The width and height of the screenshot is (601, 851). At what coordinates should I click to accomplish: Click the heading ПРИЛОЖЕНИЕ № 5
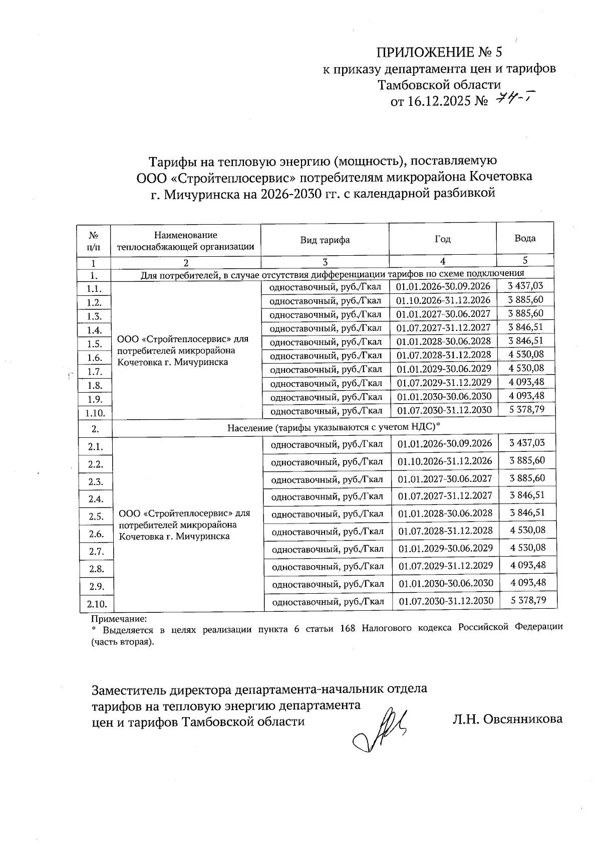pos(438,52)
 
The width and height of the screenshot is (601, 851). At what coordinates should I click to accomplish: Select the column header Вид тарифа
pos(325,240)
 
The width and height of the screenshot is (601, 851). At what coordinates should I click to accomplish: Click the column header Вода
pos(524,238)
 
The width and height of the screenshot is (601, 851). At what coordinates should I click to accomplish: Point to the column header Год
pos(442,239)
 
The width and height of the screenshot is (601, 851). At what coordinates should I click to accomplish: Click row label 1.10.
pos(95,413)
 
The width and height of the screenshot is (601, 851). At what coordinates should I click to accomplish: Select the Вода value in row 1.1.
pos(525,286)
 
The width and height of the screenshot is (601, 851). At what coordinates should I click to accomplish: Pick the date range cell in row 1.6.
pos(444,355)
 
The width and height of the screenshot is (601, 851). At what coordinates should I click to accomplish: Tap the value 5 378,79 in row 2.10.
pos(528,600)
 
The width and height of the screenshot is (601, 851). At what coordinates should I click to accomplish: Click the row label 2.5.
pos(96,517)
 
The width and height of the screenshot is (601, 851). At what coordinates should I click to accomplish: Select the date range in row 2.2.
pos(445,461)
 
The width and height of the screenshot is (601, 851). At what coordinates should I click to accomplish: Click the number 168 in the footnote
pos(347,628)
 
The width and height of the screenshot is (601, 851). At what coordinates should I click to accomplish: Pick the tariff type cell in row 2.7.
pos(328,549)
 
